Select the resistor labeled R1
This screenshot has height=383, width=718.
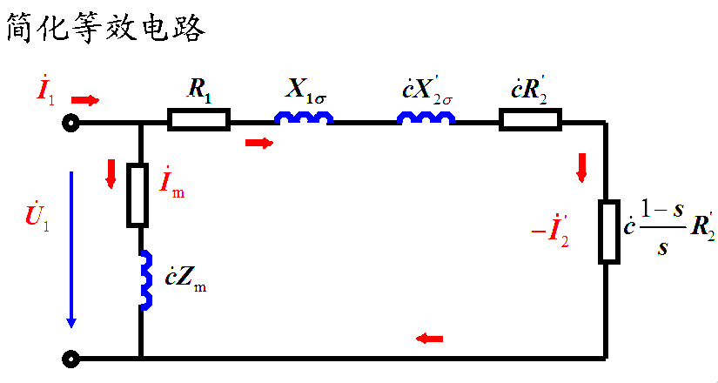[x=199, y=120]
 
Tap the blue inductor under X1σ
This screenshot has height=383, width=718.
[x=304, y=118]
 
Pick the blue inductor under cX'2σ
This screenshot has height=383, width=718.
[x=426, y=118]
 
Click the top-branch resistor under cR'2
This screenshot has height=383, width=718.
[x=530, y=120]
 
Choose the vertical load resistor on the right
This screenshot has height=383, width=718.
[x=608, y=232]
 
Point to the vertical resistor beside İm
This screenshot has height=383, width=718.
[x=139, y=194]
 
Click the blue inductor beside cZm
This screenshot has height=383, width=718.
[x=145, y=279]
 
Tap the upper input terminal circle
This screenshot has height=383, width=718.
[x=70, y=124]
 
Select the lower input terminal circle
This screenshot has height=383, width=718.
[x=70, y=358]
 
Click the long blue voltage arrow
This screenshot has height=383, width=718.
[x=71, y=249]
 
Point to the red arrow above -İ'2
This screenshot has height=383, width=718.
[x=581, y=167]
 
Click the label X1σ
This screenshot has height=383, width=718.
[x=306, y=89]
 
